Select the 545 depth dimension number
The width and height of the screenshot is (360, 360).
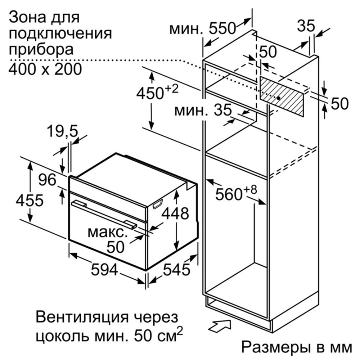(176, 269)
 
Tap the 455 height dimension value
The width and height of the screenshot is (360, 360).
(30, 200)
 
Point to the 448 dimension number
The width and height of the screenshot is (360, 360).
(175, 213)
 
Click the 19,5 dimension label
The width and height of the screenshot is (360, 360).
(62, 131)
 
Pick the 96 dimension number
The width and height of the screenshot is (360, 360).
(47, 180)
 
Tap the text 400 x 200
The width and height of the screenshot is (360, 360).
(45, 69)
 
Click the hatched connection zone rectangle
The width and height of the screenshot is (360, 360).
(282, 96)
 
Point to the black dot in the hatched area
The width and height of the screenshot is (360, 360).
(279, 98)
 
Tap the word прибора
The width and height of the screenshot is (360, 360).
(41, 50)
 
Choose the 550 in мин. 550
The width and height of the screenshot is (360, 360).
(222, 28)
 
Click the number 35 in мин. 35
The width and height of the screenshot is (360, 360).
(223, 110)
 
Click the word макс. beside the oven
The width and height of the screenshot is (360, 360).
(108, 233)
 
